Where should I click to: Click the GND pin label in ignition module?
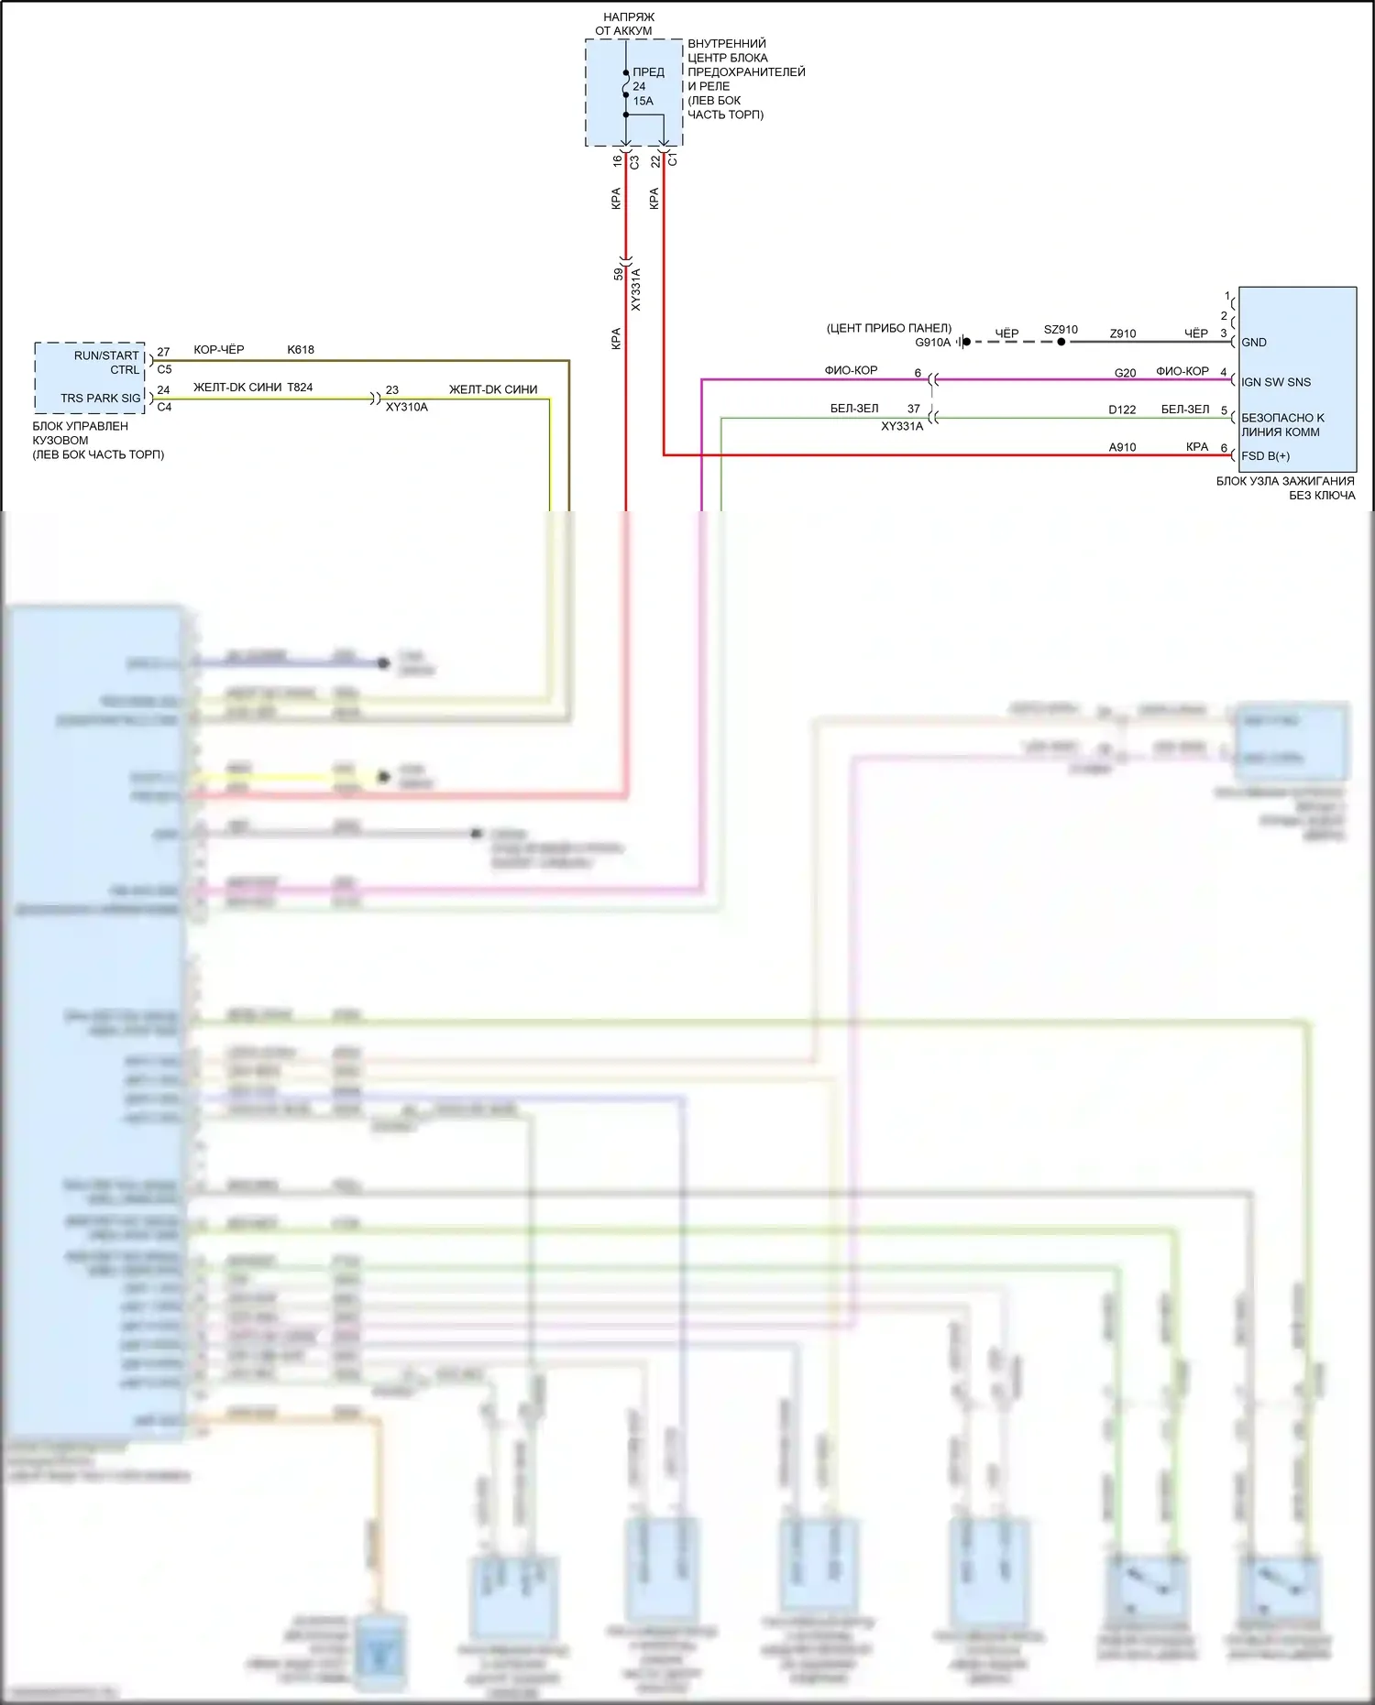pos(1253,343)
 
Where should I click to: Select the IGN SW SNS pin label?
pos(1275,382)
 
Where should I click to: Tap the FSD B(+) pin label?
pos(1265,456)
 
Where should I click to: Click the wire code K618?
pos(301,350)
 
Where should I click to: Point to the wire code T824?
pos(300,388)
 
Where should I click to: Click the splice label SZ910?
pos(1061,330)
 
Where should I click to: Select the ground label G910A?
pos(932,343)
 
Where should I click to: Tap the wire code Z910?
pos(1122,334)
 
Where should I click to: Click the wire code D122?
pos(1121,410)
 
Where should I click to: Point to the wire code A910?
pos(1122,448)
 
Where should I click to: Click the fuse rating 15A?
pos(643,102)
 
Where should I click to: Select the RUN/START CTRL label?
pos(107,363)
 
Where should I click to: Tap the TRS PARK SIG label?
pos(101,399)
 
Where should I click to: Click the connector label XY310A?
pos(406,408)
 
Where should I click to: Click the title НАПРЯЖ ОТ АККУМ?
pos(627,24)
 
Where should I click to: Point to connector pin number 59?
pos(619,274)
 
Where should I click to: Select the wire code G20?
pos(1125,374)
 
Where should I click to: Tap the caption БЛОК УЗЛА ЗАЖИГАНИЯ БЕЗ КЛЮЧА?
pos(1285,488)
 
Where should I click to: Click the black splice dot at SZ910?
pos(1061,342)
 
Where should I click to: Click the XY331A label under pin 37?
pos(902,427)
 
